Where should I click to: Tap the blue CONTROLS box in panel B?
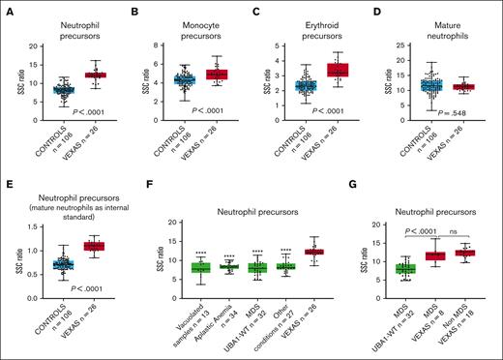point(184,79)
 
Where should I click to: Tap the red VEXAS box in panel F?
point(314,252)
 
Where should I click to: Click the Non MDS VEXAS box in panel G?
point(465,253)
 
